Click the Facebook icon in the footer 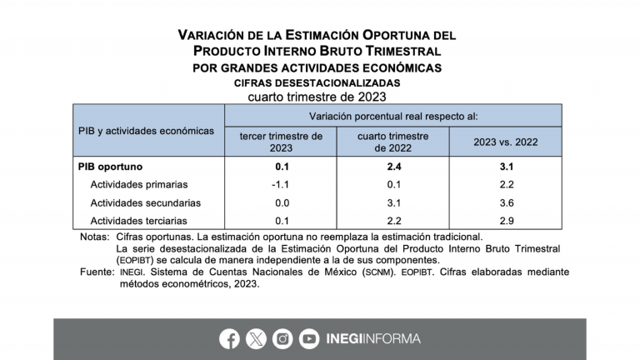point(230,339)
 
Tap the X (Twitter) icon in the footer point(257,339)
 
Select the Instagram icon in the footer point(283,339)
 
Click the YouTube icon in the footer point(310,339)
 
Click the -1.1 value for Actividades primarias point(281,184)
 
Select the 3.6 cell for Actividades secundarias point(506,202)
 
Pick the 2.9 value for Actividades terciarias point(506,220)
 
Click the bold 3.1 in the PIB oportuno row point(506,167)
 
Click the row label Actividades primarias point(139,184)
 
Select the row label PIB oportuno point(110,167)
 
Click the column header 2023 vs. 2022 point(506,142)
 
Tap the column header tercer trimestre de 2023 point(281,142)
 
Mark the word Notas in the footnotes point(92,237)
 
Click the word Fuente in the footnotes point(96,272)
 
